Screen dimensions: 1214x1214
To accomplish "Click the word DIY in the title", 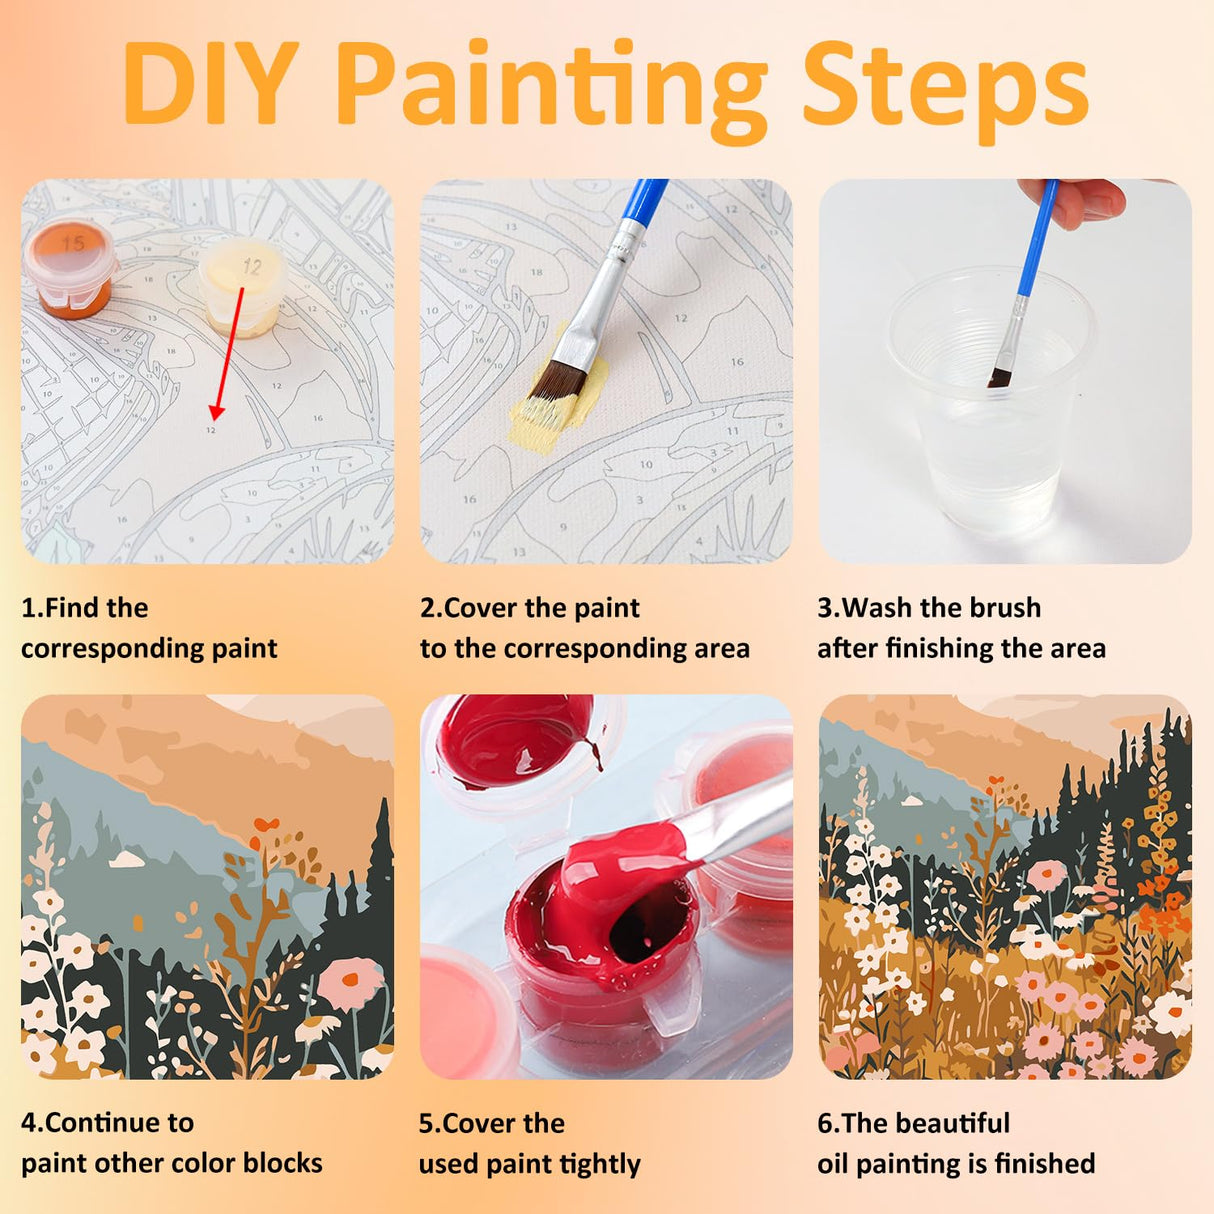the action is pyautogui.click(x=210, y=83).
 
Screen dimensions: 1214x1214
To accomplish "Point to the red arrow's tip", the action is pyautogui.click(x=215, y=419).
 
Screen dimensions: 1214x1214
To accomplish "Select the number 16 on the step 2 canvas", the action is pyautogui.click(x=737, y=362).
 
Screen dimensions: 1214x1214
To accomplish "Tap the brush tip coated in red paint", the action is pyautogui.click(x=624, y=854).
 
